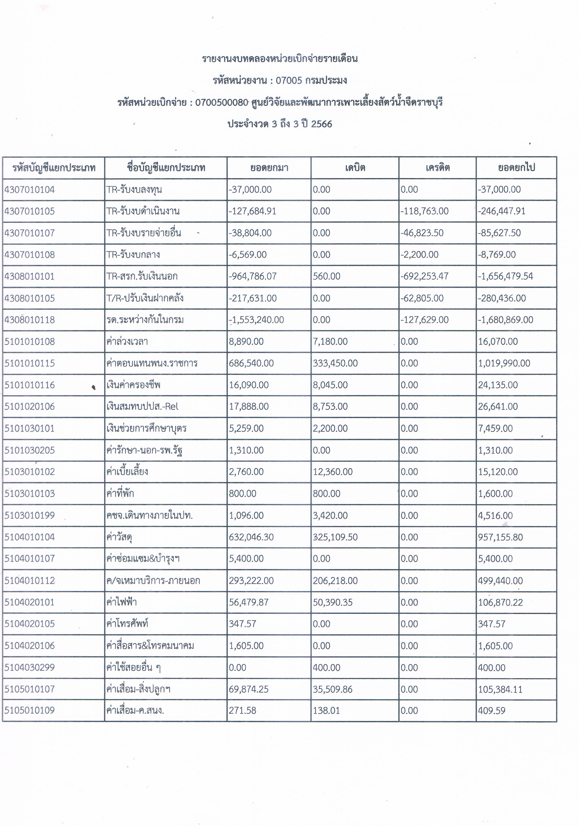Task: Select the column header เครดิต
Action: pyautogui.click(x=437, y=168)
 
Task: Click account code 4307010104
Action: pyautogui.click(x=30, y=190)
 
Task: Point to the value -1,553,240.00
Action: pyautogui.click(x=256, y=320)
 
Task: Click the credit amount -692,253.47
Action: pyautogui.click(x=424, y=276)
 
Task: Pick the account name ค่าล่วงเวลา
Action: pyautogui.click(x=127, y=341)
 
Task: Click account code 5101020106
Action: pyautogui.click(x=30, y=407)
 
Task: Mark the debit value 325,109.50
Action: pyautogui.click(x=335, y=537)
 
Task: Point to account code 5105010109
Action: pyautogui.click(x=30, y=711)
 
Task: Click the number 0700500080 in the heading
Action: pyautogui.click(x=222, y=103)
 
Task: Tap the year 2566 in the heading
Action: pyautogui.click(x=322, y=124)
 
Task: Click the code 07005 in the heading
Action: pyautogui.click(x=289, y=80)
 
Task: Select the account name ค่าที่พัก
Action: pyautogui.click(x=120, y=494)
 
